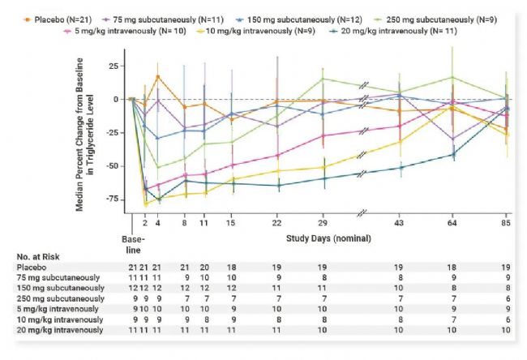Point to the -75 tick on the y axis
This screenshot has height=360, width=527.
115,199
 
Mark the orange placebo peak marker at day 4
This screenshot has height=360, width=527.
158,77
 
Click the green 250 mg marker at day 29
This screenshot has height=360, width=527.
323,79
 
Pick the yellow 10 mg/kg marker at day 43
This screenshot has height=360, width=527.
399,142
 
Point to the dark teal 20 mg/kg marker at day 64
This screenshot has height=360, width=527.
452,154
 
